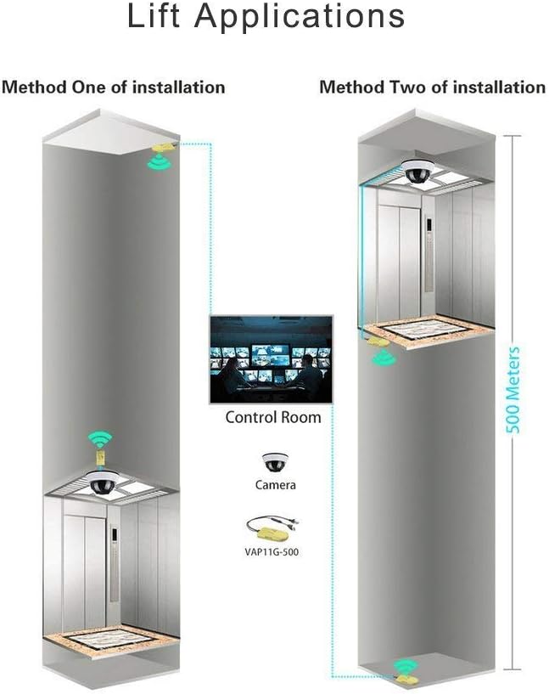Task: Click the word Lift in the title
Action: coord(154,16)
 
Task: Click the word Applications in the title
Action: coord(300,18)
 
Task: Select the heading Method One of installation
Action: coord(114,87)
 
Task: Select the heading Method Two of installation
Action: coord(432,87)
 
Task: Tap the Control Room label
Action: coord(273,417)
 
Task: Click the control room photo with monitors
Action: coord(271,359)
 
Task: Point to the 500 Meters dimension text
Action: coord(513,390)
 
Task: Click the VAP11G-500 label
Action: coord(272,552)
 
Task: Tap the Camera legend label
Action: coord(276,485)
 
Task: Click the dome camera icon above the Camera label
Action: coord(275,462)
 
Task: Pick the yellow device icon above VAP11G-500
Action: coord(272,528)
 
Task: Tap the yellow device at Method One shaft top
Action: coord(165,147)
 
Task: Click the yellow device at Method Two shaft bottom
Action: coord(405,678)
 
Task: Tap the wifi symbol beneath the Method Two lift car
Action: coord(384,357)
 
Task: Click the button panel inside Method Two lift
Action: coord(429,254)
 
